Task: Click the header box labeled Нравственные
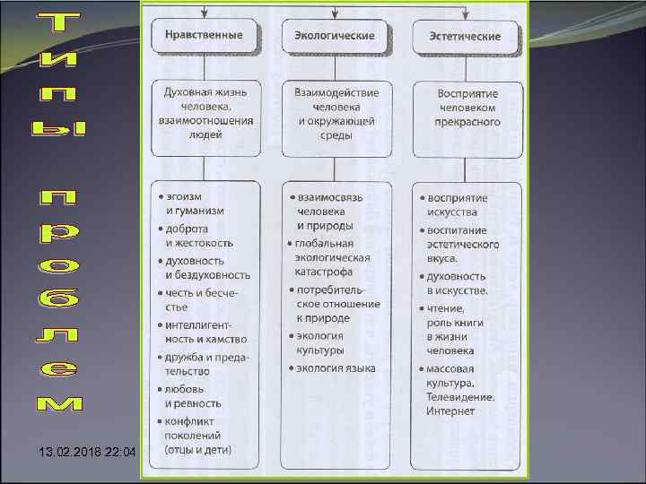coord(204,36)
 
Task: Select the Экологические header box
coord(334,36)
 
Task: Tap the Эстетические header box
coord(468,37)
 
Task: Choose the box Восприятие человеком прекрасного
coord(468,108)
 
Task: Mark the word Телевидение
coord(461,397)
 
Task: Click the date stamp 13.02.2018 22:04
coord(75,452)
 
